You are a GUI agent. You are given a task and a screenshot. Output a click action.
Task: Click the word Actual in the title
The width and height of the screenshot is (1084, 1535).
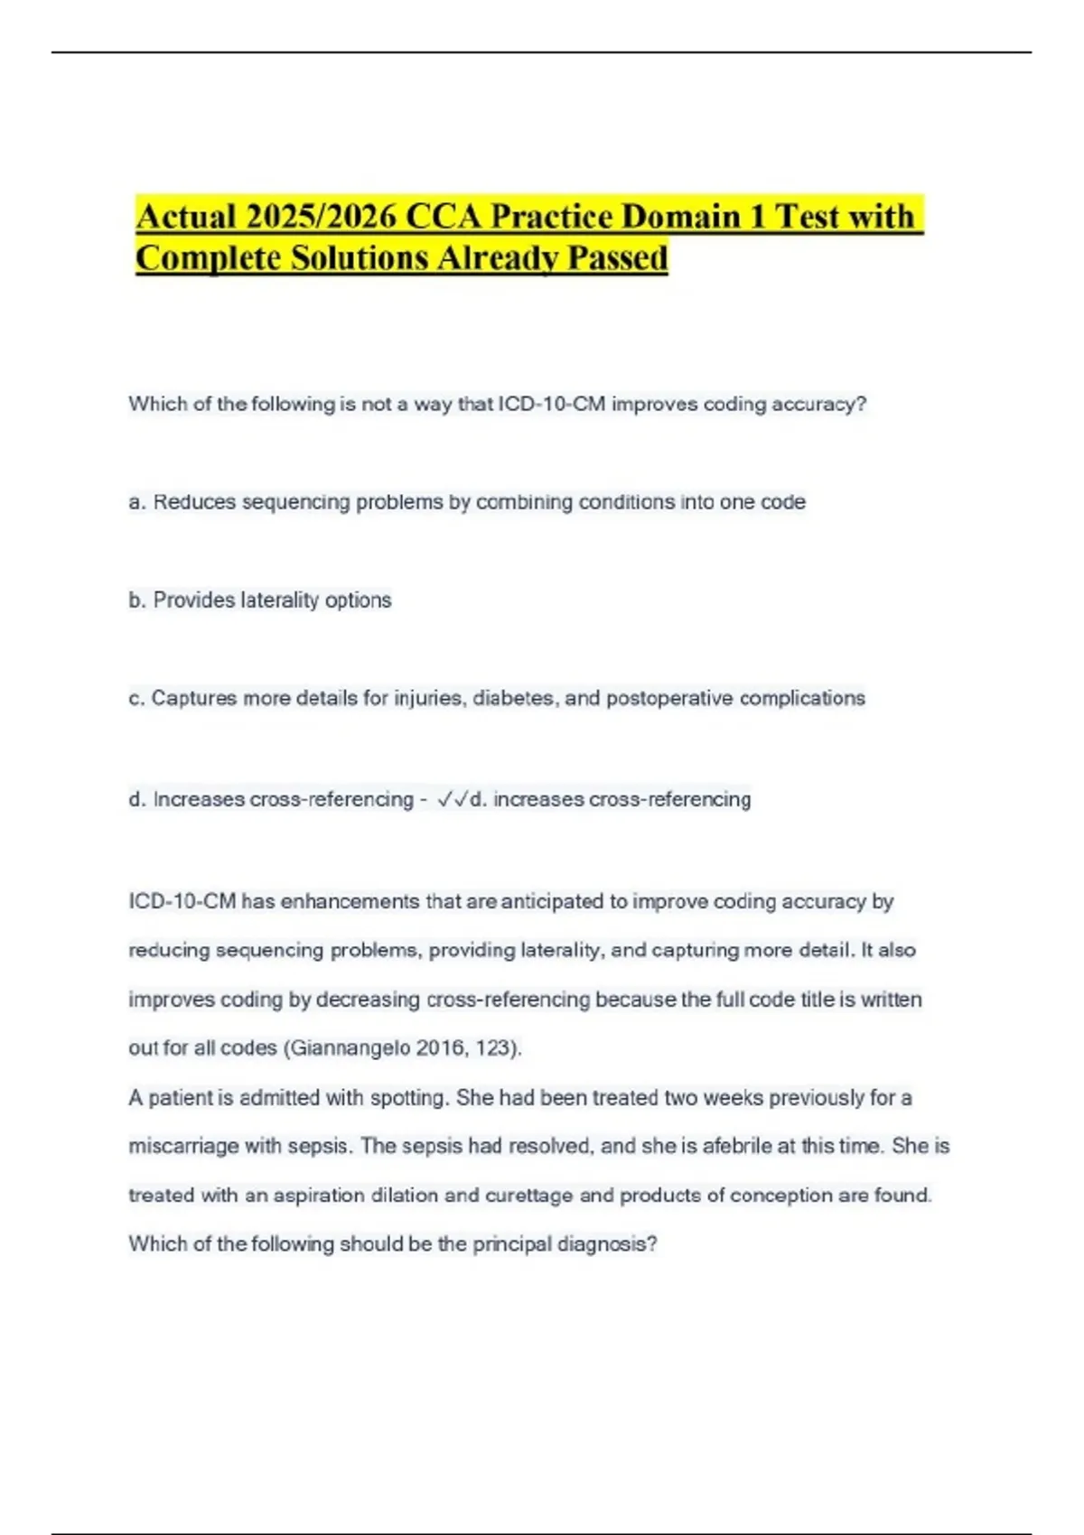(185, 218)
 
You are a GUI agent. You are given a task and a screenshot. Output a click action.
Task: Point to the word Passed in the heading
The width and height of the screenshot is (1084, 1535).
(617, 258)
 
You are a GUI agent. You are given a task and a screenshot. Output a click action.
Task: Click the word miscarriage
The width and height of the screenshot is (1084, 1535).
(182, 1147)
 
